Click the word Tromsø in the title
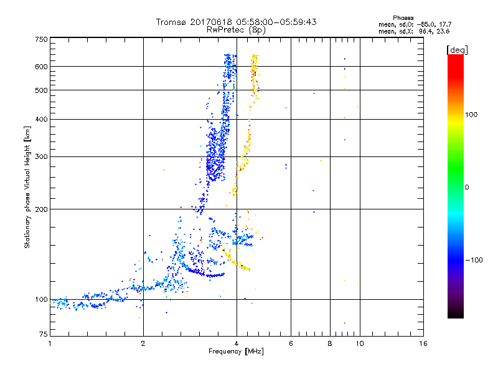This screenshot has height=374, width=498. [171, 22]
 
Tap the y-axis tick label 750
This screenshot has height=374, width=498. [40, 39]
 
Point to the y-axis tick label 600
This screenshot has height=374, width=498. [40, 66]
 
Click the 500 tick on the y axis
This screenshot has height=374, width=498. [40, 90]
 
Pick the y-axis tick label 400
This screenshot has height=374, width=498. [40, 119]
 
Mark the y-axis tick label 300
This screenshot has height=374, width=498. [40, 156]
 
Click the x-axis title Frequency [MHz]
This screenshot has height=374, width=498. [236, 352]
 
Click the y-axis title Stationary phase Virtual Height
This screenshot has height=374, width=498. [27, 187]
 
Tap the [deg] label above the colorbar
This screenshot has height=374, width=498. [458, 49]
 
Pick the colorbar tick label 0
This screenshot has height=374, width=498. [467, 187]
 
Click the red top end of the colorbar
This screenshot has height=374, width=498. [455, 58]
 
